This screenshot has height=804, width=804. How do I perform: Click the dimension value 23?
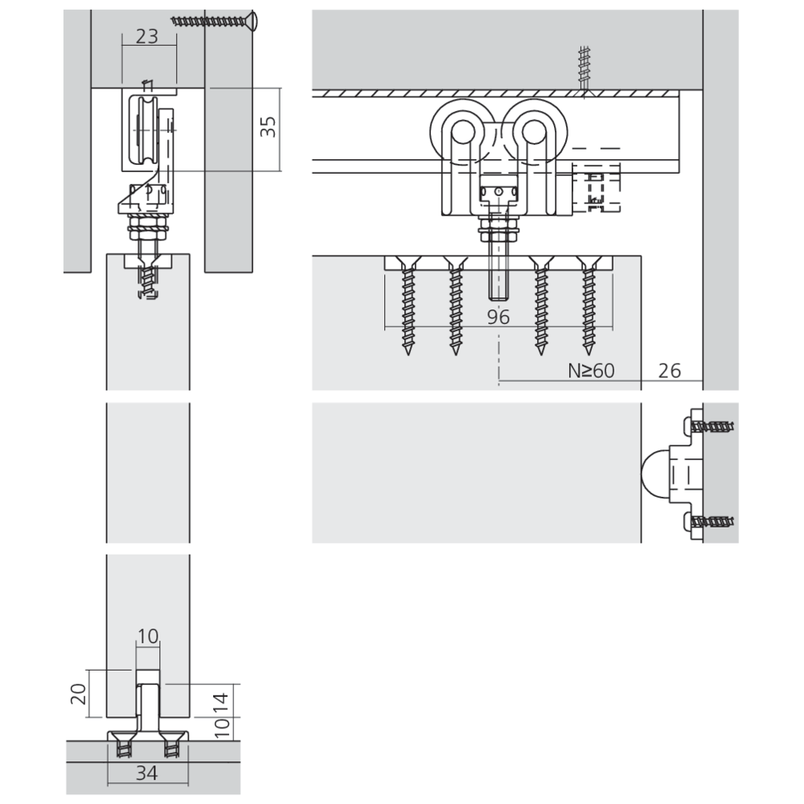coord(147,36)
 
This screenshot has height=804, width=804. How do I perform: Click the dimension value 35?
coord(268,127)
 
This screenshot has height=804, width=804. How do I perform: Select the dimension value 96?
coord(498,317)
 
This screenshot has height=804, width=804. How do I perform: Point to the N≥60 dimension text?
coord(591,370)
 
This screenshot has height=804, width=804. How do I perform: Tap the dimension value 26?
coord(669,370)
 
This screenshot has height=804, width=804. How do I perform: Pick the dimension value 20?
coord(79,694)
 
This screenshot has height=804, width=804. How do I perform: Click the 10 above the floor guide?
coord(148,636)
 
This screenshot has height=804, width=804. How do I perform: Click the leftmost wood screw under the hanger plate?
coord(408,306)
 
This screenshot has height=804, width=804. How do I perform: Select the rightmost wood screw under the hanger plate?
coord(589,306)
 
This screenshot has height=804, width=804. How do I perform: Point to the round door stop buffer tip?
coord(654,472)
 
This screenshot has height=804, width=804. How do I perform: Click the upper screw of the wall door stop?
coord(712,426)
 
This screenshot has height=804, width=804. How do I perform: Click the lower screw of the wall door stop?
coord(712,522)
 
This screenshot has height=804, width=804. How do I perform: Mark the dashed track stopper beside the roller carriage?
coord(596,187)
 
